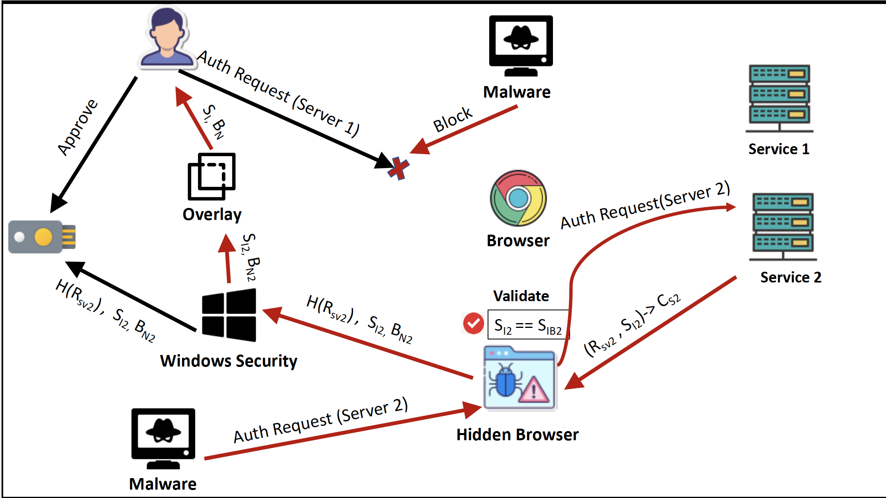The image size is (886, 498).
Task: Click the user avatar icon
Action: click(x=167, y=38)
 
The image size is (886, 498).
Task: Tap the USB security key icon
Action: click(x=42, y=237)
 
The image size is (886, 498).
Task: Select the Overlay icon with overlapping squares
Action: click(x=212, y=176)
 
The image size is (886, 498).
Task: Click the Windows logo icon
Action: click(x=229, y=315)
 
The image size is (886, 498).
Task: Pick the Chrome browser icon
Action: click(x=518, y=198)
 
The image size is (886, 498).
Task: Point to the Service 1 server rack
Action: click(x=779, y=98)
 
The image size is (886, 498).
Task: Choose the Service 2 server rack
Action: click(x=783, y=226)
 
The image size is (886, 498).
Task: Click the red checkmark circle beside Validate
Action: click(x=473, y=323)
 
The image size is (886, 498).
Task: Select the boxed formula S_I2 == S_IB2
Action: click(x=528, y=325)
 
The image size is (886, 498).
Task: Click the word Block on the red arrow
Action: click(x=453, y=120)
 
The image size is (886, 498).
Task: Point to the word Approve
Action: click(x=77, y=127)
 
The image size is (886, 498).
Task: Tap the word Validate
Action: click(x=521, y=296)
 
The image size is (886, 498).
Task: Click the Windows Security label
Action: click(x=229, y=361)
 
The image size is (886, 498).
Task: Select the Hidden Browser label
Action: click(x=517, y=435)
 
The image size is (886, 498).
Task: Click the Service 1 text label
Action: click(x=779, y=149)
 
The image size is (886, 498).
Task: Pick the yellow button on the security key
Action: click(x=43, y=237)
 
